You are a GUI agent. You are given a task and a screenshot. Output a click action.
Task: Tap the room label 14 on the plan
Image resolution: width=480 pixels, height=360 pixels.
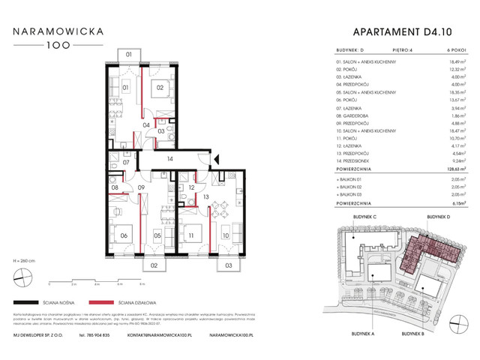(x=170, y=160)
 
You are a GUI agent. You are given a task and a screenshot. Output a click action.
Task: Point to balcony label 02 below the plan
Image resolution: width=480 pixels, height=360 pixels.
(x=153, y=265)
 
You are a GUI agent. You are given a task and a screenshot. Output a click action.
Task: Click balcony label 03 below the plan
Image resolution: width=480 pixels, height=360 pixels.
(x=228, y=265)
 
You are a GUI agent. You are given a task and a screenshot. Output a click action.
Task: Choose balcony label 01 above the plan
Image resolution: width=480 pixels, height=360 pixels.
(x=129, y=55)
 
